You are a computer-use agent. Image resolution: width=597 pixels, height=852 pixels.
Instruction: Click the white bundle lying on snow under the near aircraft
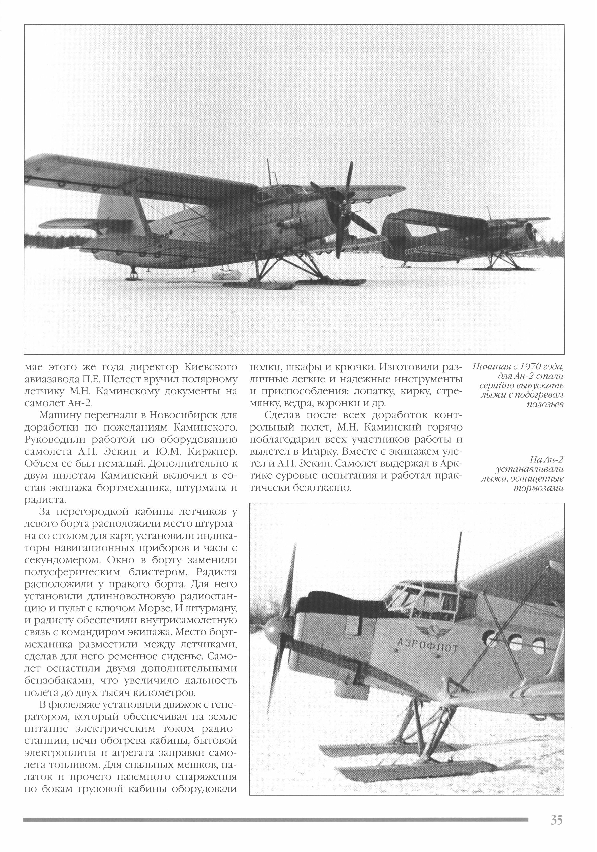point(226,275)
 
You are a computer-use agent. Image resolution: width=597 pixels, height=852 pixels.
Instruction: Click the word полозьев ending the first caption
point(545,404)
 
